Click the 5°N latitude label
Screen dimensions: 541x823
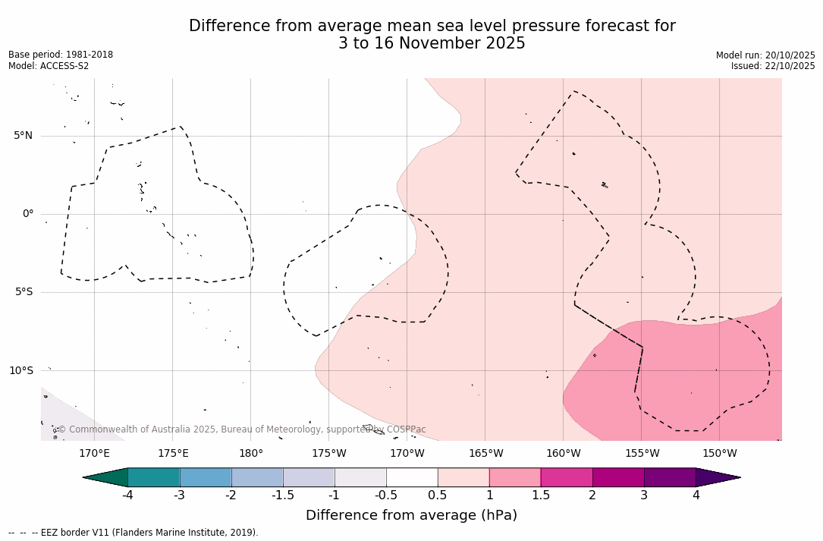pos(23,136)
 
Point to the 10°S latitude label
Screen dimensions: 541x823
pos(21,371)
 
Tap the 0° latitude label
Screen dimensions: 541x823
pos(28,214)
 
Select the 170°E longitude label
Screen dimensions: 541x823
pos(94,454)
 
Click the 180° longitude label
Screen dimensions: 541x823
pos(251,454)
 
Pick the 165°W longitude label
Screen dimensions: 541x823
pos(485,454)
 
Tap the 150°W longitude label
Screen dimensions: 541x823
pos(720,454)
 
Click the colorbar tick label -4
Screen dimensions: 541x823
pos(127,495)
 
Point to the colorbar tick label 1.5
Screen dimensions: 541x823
pos(540,495)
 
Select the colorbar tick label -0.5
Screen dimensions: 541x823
pos(385,495)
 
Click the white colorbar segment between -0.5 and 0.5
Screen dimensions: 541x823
pos(412,477)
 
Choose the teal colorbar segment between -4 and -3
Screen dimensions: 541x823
pos(154,477)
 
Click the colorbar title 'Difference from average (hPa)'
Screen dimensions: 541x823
pos(411,516)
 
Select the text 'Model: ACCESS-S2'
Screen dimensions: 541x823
pos(49,66)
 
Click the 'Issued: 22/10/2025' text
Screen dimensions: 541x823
pos(773,66)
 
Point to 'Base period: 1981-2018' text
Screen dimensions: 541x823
pos(61,55)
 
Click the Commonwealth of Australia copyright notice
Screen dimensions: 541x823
pos(241,429)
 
